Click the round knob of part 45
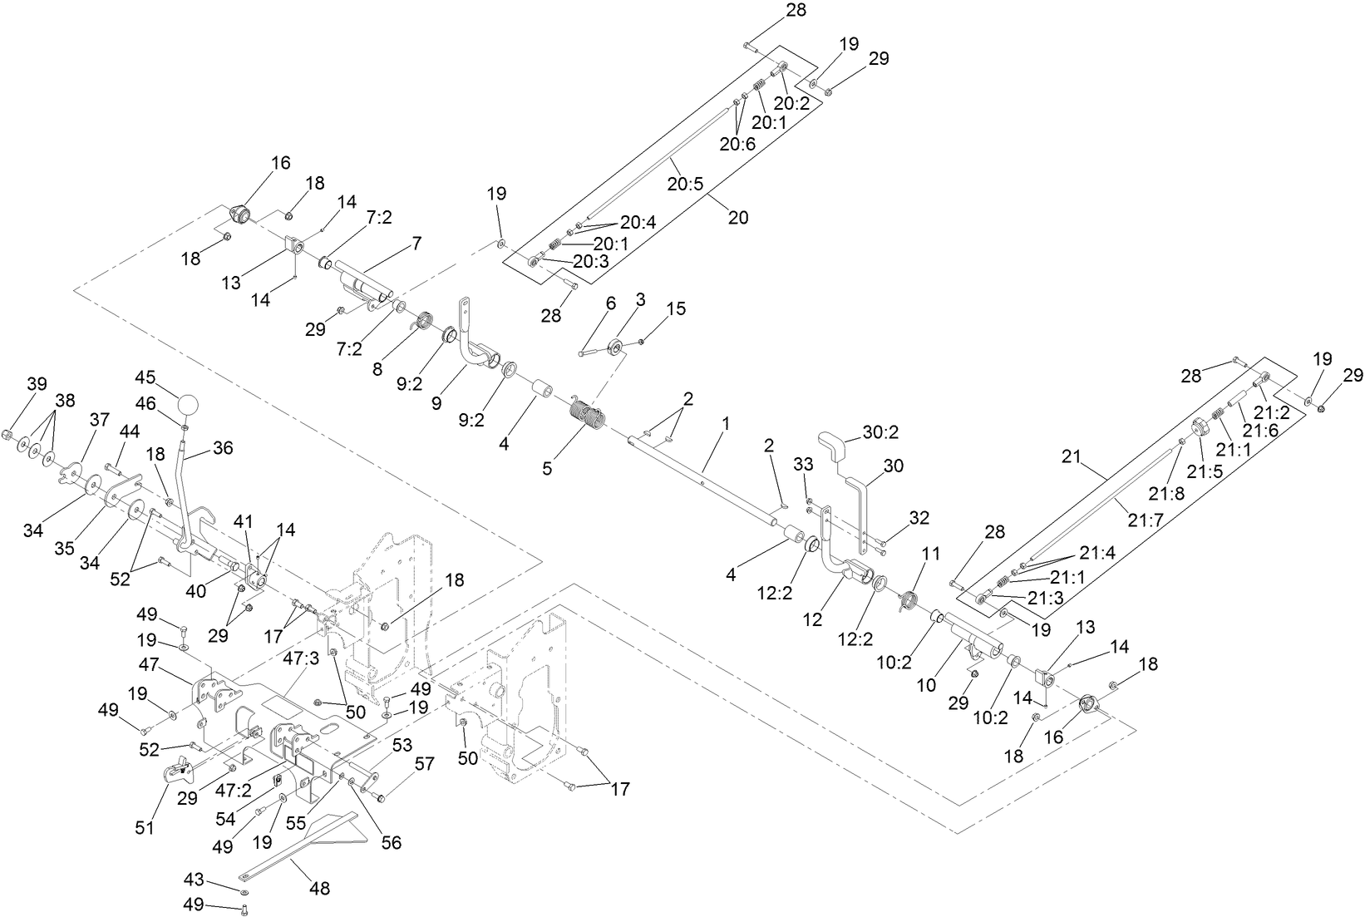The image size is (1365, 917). [x=190, y=407]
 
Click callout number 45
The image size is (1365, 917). [x=145, y=377]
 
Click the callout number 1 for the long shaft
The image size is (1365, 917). [x=725, y=423]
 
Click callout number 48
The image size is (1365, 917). [x=319, y=889]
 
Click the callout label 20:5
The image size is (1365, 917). [x=686, y=182]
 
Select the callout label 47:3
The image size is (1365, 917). [x=302, y=658]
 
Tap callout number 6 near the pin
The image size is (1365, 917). [x=611, y=303]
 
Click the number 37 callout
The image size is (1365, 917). [x=99, y=420]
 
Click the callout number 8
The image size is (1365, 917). [x=377, y=368]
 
